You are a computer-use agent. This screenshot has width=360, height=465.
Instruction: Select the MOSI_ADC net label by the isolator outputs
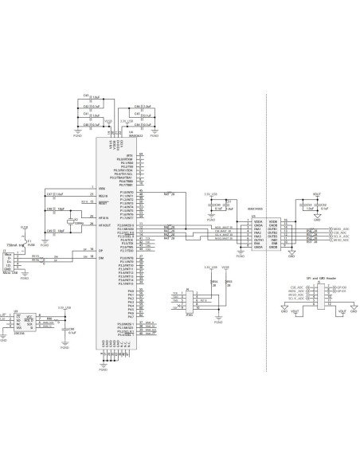point(341,229)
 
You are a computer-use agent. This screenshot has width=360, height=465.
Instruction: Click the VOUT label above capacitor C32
point(317,193)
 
